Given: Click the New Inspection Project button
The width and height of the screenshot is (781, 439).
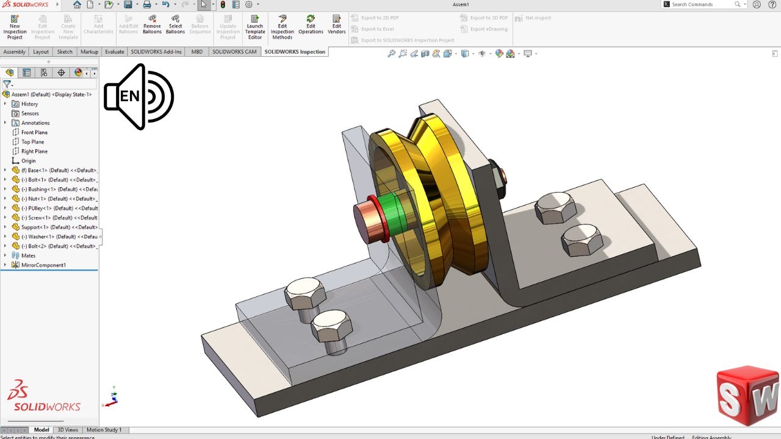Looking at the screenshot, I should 15,27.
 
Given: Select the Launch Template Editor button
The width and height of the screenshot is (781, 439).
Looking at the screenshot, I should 255,27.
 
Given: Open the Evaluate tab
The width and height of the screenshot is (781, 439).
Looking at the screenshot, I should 114,52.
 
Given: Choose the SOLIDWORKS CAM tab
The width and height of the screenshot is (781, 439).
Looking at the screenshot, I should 234,52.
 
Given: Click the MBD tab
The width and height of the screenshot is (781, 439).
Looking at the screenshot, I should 197,52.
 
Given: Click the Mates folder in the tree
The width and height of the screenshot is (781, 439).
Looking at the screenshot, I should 28,255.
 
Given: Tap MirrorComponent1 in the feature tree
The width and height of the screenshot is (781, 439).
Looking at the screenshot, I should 43,265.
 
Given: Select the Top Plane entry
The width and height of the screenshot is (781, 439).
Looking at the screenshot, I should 33,142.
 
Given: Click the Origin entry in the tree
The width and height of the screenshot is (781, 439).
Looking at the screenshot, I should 28,161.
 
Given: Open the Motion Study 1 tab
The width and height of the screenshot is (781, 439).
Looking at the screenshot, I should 104,430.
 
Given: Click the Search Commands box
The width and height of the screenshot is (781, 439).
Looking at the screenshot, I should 702,4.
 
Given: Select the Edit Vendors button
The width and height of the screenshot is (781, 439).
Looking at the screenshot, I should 337,27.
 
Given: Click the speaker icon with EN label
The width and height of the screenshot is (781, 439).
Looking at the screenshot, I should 139,96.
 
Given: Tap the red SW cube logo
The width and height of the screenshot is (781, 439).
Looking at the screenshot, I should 747,396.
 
